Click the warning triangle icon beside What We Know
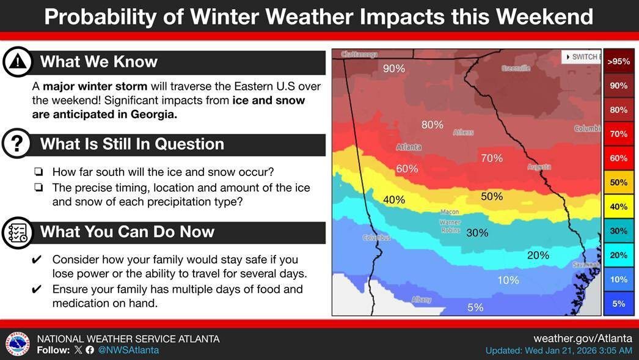click(18, 61)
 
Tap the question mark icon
click(18, 144)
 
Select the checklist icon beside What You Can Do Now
click(18, 232)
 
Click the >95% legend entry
click(618, 61)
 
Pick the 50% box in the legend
click(618, 182)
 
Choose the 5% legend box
click(618, 303)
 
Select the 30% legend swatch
click(618, 230)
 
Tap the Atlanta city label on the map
click(408, 147)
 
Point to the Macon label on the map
click(450, 212)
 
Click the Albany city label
click(422, 299)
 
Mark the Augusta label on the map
click(538, 167)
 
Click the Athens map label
click(463, 133)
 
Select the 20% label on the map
click(538, 255)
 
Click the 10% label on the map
click(508, 281)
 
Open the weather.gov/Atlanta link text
click(582, 338)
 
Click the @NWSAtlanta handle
click(128, 350)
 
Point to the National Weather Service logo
click(18, 344)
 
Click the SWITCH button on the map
click(581, 57)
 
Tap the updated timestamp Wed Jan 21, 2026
click(558, 351)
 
